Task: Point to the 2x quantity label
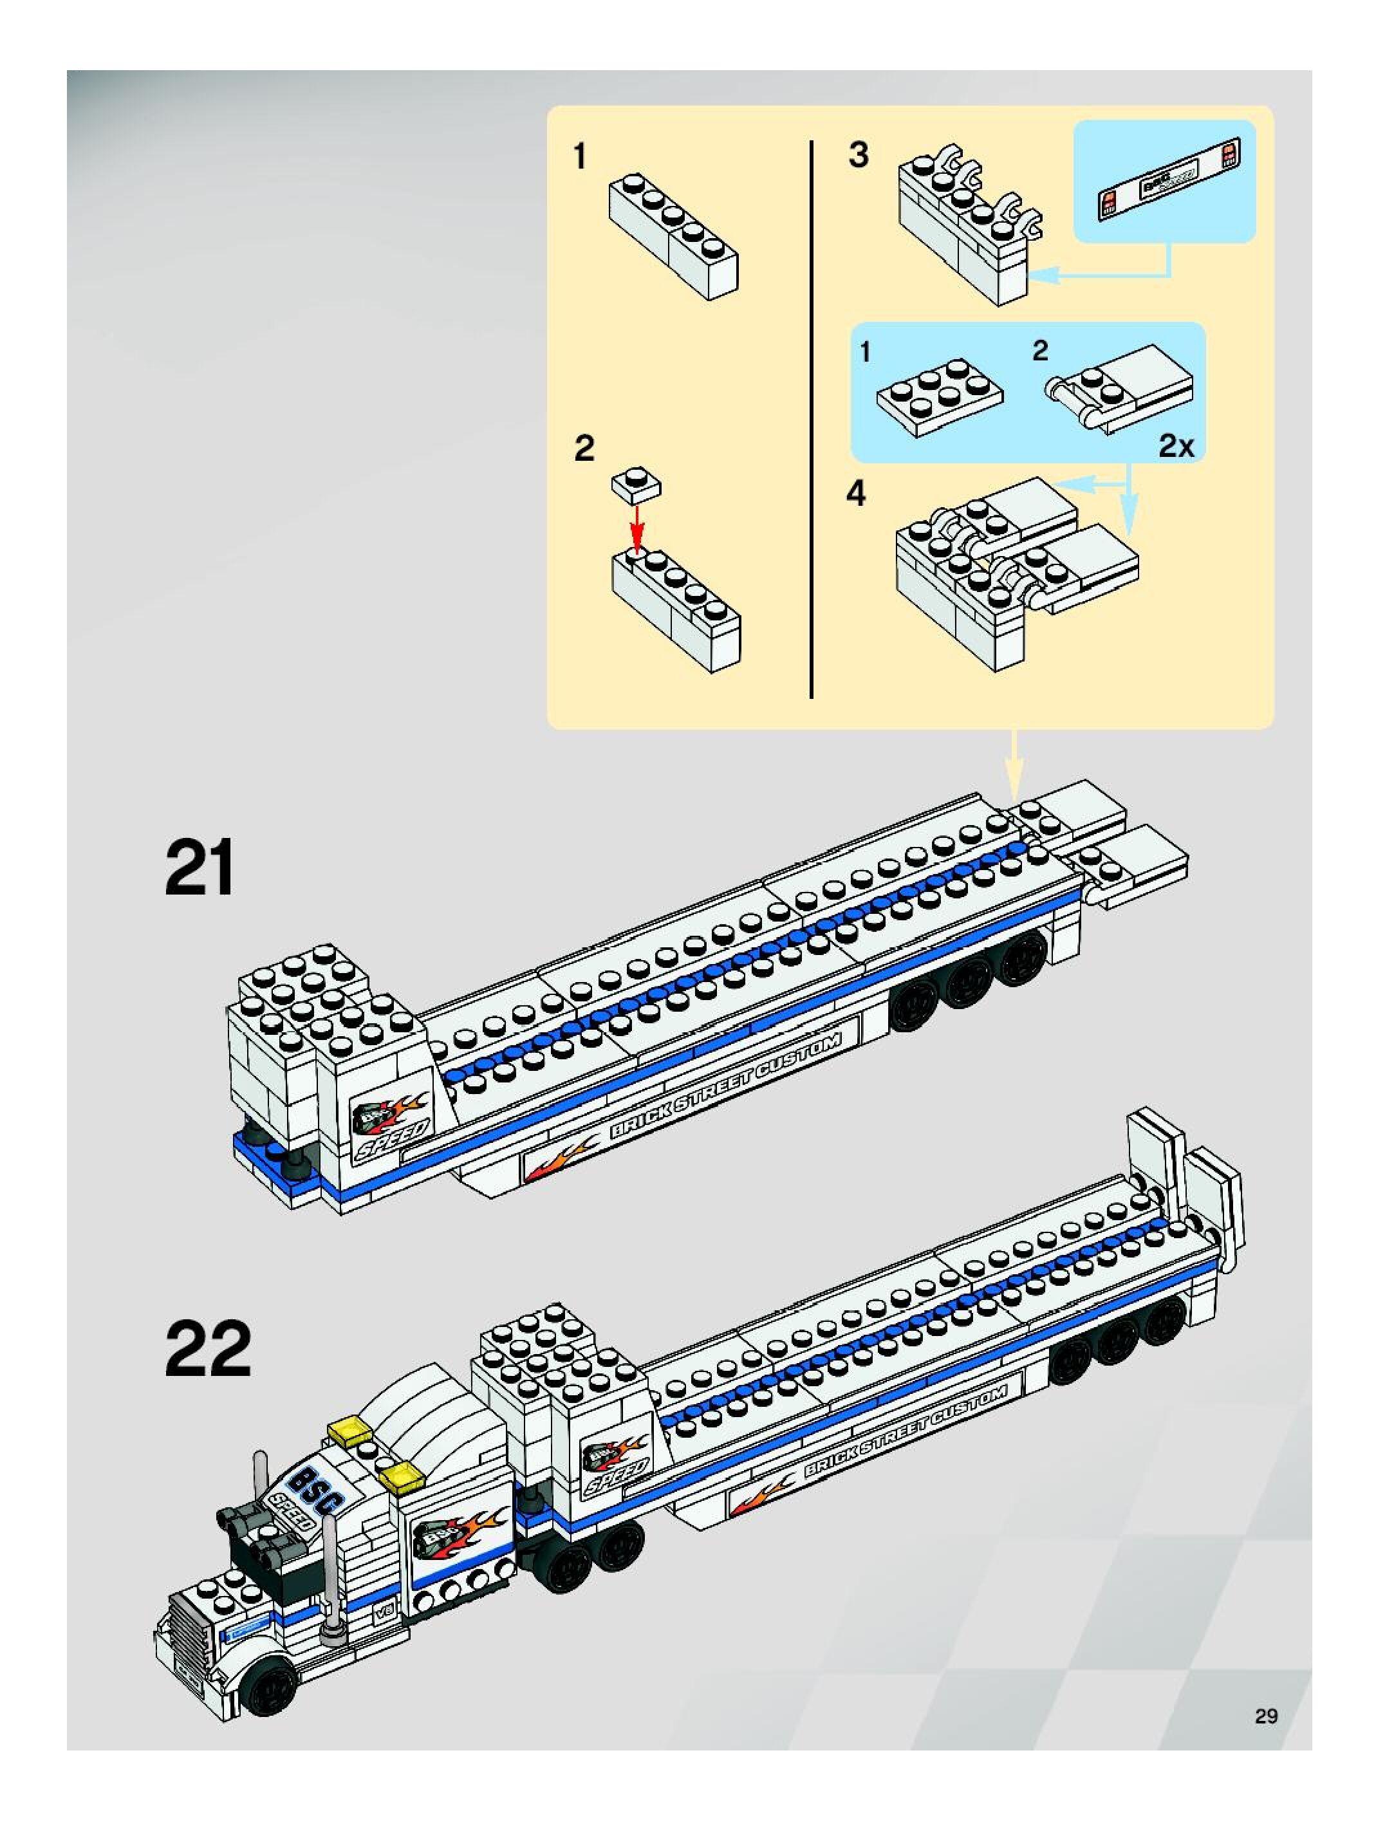coord(1176,447)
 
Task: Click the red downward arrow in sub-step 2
coord(636,523)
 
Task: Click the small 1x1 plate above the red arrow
coord(636,485)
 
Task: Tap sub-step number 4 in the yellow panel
coord(856,494)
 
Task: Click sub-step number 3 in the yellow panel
coord(859,154)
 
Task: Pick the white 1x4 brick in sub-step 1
coord(673,235)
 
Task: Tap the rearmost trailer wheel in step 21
coord(1022,954)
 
